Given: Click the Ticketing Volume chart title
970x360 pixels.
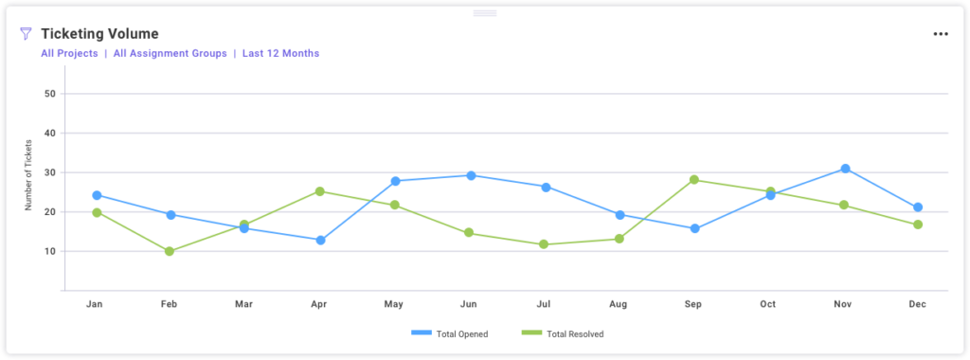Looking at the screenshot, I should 99,33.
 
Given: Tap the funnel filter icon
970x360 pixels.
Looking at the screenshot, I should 26,33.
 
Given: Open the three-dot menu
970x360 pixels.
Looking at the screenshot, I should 940,34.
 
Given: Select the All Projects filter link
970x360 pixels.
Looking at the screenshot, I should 69,54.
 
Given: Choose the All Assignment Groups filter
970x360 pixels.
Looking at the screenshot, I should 170,54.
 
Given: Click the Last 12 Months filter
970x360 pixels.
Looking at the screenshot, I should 280,54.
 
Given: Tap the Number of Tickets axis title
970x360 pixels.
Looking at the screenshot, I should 28,175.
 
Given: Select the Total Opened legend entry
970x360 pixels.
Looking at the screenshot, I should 450,333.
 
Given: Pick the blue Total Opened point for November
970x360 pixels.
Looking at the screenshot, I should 844,169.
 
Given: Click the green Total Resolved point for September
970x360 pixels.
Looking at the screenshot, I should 694,180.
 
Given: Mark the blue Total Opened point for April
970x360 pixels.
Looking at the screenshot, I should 320,240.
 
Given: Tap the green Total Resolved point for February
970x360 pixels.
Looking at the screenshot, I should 170,251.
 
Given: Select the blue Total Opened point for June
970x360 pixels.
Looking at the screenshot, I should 470,175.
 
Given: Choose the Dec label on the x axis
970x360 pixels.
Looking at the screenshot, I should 918,304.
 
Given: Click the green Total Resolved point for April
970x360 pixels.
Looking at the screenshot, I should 320,191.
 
